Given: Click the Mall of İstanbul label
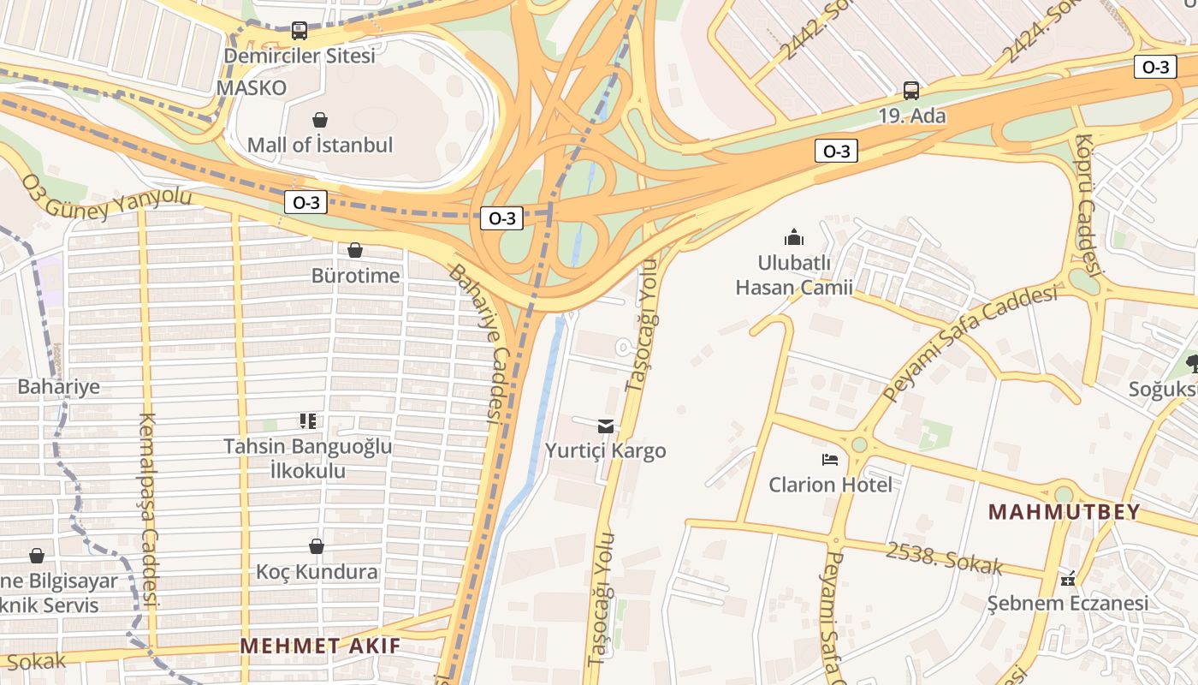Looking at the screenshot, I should point(320,145).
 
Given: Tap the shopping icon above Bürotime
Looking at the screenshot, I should point(355,250).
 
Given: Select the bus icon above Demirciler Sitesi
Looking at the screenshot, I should point(299,31).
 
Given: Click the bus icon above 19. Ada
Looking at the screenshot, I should point(911,90).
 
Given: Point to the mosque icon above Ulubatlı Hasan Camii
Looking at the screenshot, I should point(794,237).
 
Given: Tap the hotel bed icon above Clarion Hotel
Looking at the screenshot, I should point(830,460).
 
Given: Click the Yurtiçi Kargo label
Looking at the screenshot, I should point(606,450).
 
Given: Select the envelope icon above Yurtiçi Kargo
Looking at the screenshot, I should point(606,426).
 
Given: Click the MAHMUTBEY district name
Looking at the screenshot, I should point(1065,512).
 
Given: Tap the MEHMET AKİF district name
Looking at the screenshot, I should point(320,646).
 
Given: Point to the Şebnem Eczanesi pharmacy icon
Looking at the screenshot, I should point(1067,580).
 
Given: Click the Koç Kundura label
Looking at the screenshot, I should point(317,571).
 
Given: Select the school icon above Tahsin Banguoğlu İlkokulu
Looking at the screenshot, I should point(308,420).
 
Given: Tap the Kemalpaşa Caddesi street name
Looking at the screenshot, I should point(148,509).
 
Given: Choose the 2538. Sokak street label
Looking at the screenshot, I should point(944,558).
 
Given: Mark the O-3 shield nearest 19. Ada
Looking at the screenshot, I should point(835,152).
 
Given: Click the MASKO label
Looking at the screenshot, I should point(252,87).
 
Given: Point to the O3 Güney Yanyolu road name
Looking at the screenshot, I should point(107,198).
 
